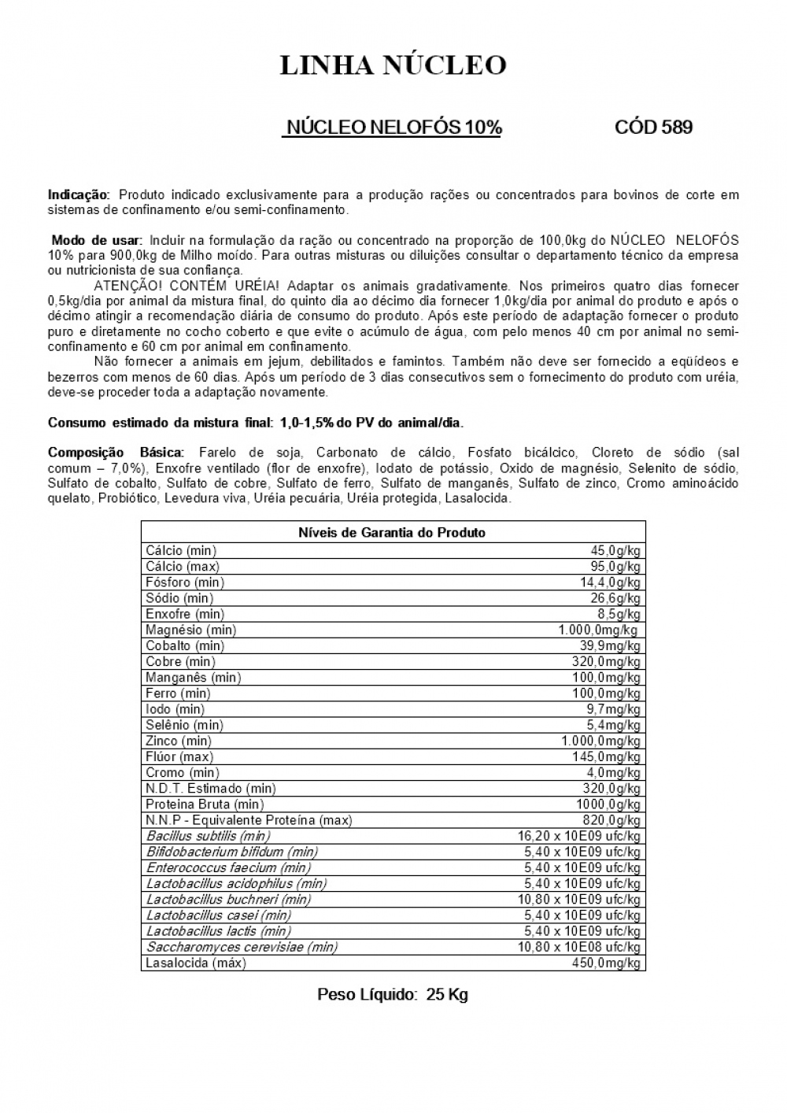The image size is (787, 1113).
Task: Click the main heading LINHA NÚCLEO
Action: [393, 65]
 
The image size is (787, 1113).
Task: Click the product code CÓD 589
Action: [653, 128]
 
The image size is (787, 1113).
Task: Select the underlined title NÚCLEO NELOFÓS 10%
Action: [392, 128]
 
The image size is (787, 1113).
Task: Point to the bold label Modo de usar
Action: [97, 240]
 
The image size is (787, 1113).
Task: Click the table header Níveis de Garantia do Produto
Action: [392, 533]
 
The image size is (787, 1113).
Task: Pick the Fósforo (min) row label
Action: [185, 582]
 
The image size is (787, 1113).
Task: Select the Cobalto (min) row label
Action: [185, 645]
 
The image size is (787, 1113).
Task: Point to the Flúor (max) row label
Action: [179, 756]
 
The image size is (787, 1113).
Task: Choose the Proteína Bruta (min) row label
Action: [205, 804]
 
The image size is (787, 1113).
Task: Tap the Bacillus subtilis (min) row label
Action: [208, 836]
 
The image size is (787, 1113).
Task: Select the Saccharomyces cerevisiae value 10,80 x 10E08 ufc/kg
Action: [578, 947]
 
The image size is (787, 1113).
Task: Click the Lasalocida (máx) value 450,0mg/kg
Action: [606, 963]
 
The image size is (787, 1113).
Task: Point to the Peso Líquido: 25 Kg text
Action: [392, 995]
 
